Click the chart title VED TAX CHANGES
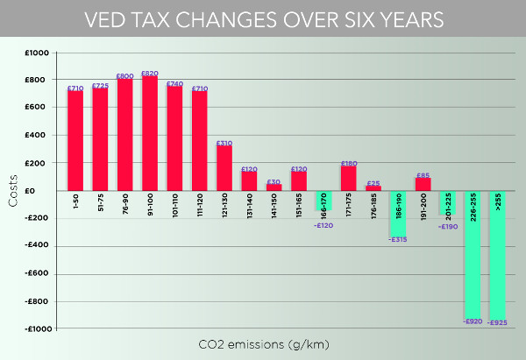coord(262,19)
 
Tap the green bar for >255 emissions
coord(498,254)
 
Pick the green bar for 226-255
coord(473,254)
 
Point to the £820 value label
coord(150,74)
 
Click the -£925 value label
coord(498,323)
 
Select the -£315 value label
coord(399,239)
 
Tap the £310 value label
coord(224,143)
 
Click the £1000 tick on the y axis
coord(38,53)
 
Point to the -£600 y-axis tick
coord(37,273)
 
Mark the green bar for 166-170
coord(323,199)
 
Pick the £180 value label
coord(349,163)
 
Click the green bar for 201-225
coord(448,203)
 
